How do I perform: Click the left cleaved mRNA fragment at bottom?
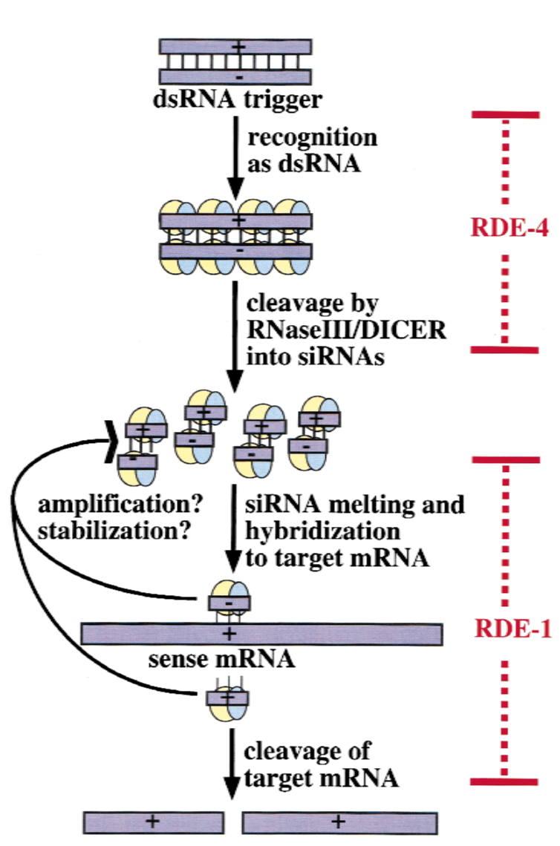153,822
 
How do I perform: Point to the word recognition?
313,138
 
